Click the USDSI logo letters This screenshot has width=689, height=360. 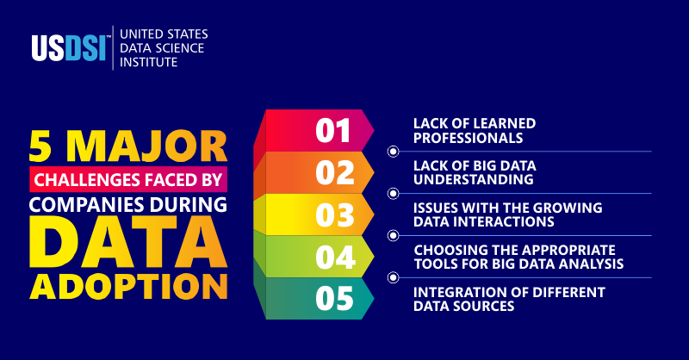coord(70,48)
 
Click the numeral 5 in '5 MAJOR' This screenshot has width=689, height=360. coord(45,147)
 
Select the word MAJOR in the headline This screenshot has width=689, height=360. coord(147,147)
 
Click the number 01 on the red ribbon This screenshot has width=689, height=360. coord(333,131)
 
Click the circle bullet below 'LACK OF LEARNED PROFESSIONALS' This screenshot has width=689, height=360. coord(393,152)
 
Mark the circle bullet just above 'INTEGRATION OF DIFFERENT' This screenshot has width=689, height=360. coord(393,276)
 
